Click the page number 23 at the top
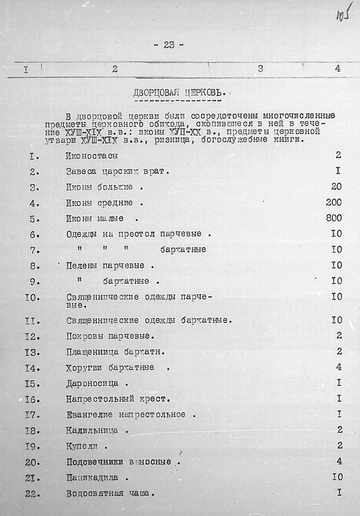pos(169,45)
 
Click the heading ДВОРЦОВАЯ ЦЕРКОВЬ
pos(180,92)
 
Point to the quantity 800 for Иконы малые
pos(333,218)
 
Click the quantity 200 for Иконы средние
pos(333,203)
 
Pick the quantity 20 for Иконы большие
pos(336,187)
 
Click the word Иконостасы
pos(92,156)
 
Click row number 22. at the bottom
pos(32,494)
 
